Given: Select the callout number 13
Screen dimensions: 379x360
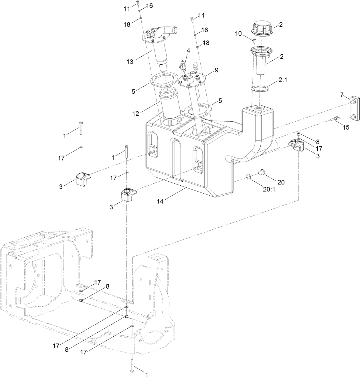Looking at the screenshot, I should point(130,61).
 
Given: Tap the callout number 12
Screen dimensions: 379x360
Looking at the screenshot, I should point(136,114).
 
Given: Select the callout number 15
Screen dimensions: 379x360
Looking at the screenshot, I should point(346,127).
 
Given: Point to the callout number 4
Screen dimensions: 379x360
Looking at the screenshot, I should point(188,50).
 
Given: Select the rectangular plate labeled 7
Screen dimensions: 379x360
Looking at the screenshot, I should point(354,109).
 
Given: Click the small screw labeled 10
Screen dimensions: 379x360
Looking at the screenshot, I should point(254,41).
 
